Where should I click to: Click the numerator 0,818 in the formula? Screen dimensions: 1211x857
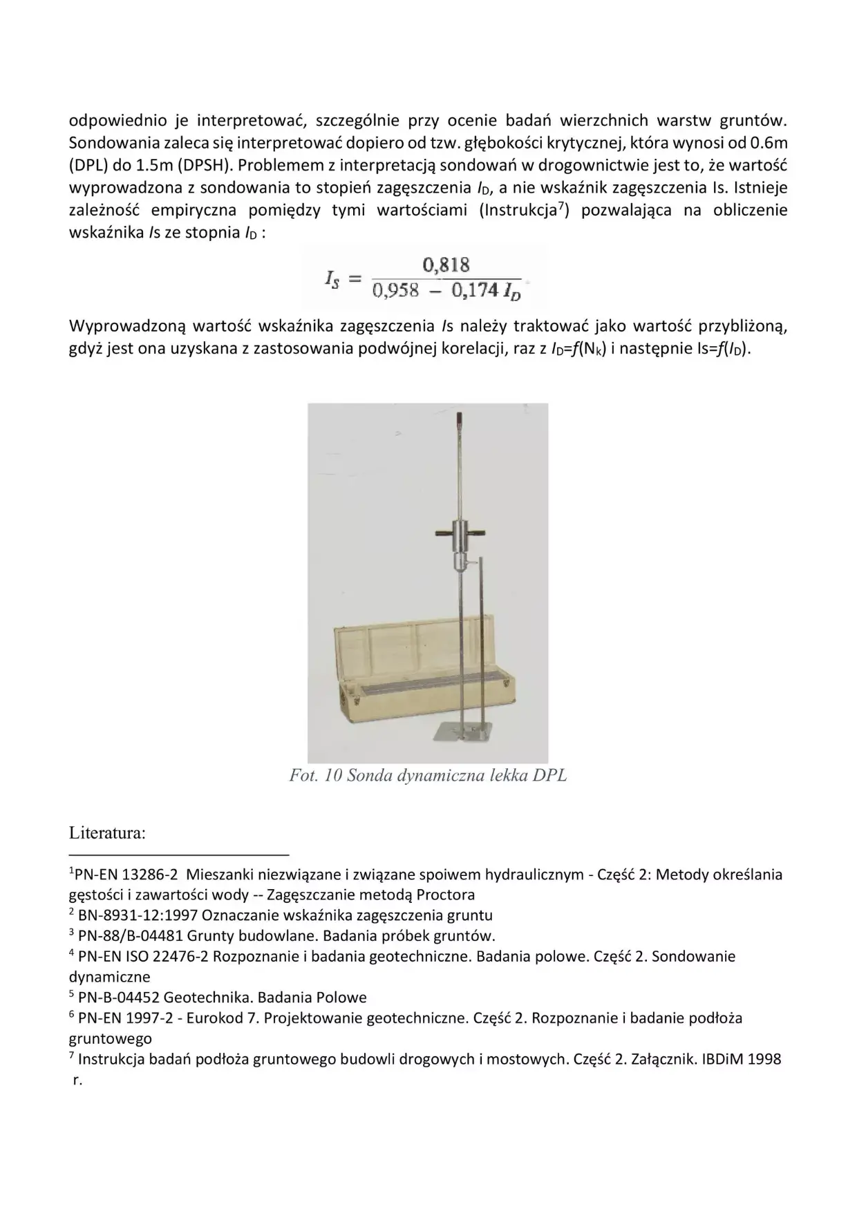446,265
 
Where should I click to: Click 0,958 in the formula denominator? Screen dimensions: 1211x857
395,289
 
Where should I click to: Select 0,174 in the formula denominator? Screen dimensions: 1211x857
475,289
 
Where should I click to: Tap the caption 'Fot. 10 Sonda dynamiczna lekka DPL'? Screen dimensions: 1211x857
428,775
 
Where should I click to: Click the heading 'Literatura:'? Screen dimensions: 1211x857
107,832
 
